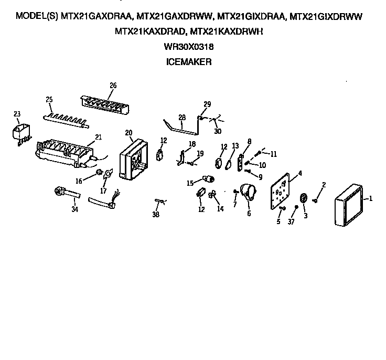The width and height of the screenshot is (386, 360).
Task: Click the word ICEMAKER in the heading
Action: coord(188,61)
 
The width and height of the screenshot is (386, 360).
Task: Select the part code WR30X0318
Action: coord(189,47)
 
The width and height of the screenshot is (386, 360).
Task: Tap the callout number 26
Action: coord(113,86)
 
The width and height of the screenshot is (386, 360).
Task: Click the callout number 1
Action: coord(370,198)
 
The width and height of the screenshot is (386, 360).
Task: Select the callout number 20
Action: coord(128,132)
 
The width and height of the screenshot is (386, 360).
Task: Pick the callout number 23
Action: coord(16,113)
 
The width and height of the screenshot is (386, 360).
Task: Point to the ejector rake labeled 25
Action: coord(66,118)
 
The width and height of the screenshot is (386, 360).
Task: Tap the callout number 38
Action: coord(156,215)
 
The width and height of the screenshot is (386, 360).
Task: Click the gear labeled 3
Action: coord(304,198)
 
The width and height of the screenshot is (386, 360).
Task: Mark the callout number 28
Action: coord(182,117)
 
